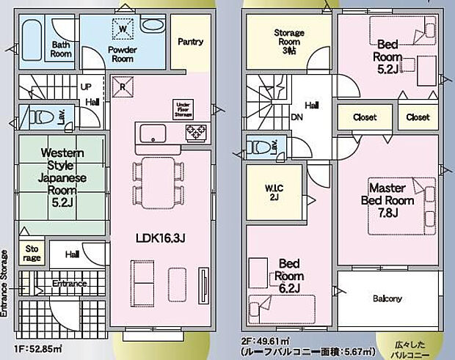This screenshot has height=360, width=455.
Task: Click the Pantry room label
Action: pos(190,42)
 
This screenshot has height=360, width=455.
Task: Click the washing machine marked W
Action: pos(122,29)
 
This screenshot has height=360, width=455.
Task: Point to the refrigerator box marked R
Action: pos(122,84)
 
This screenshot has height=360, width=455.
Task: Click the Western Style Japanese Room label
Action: pos(62,177)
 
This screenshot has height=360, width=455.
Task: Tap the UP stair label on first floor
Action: pos(85,86)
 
